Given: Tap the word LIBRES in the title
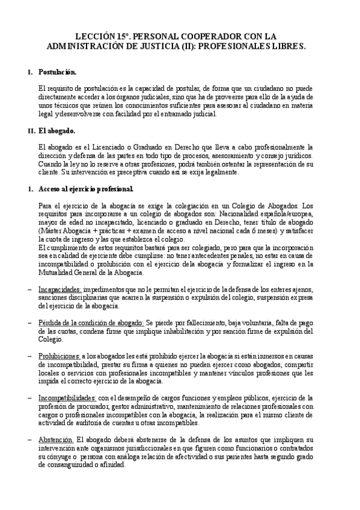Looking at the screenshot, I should (x=285, y=45).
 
